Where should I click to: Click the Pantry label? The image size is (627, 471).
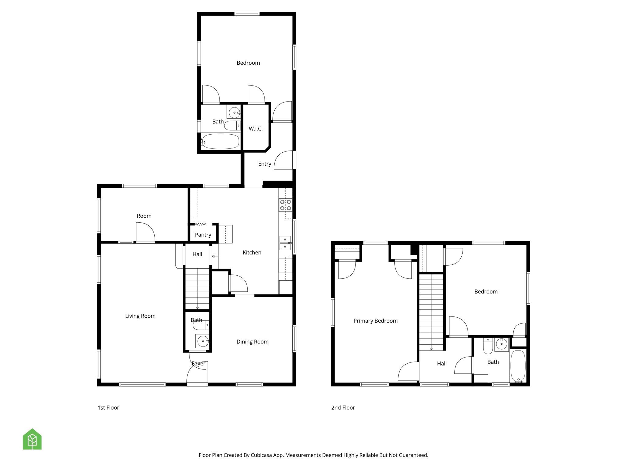click(203, 235)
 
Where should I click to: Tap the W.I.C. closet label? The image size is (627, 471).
click(256, 129)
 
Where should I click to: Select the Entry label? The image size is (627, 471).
click(265, 164)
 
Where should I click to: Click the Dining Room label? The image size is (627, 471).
click(252, 342)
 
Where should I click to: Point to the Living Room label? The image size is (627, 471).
click(140, 316)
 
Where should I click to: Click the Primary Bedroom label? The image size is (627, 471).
click(375, 321)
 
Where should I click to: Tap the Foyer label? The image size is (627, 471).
click(198, 364)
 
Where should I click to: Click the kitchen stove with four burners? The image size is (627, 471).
click(285, 205)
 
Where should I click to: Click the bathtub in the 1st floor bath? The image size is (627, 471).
click(220, 142)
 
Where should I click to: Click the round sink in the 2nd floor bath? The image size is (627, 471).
click(501, 344)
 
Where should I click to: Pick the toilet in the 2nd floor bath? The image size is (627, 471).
click(488, 346)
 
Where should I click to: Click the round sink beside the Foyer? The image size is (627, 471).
click(202, 341)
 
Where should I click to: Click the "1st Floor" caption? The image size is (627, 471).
click(108, 408)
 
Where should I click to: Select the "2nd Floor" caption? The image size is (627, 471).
click(343, 408)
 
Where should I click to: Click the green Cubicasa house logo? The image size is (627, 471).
click(32, 439)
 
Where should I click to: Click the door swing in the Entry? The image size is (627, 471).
click(284, 160)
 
